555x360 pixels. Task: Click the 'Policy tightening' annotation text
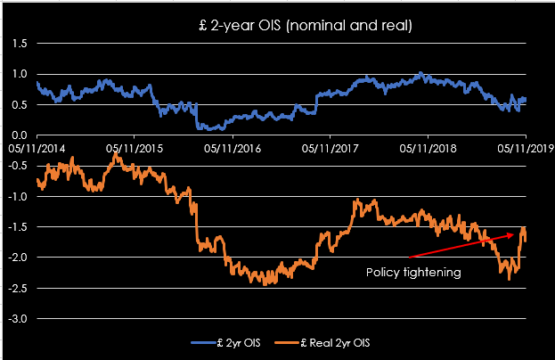point(413,273)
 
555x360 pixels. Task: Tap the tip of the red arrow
point(518,233)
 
